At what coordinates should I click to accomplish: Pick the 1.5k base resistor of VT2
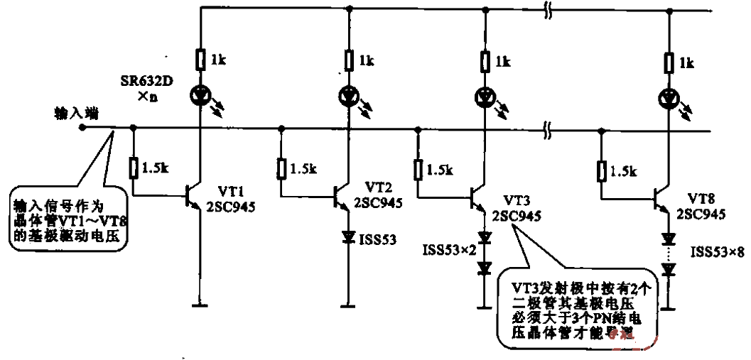click(283, 168)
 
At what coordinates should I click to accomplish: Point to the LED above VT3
click(485, 94)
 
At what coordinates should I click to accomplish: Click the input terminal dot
click(82, 129)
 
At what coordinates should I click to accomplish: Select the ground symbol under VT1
click(201, 306)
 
